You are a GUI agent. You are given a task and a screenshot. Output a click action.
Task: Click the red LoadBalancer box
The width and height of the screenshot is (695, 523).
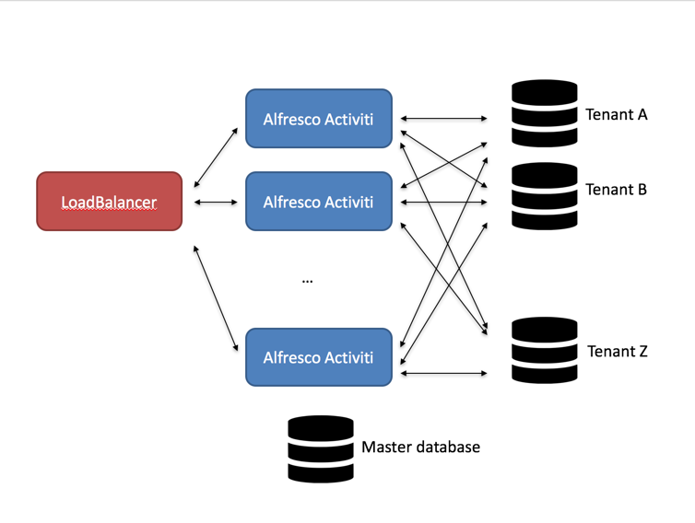tap(109, 201)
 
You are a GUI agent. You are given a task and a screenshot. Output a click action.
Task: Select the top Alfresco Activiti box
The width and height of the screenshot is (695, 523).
tap(318, 119)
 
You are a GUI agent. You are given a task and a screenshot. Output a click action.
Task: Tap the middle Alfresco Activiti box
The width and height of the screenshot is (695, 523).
tap(318, 202)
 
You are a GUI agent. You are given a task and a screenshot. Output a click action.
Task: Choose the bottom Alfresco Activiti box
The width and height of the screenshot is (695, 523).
tap(318, 357)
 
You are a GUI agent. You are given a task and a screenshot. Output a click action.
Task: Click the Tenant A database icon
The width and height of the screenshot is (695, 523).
tap(544, 114)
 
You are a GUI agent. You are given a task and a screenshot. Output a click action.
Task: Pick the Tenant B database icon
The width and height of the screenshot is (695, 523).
tap(544, 196)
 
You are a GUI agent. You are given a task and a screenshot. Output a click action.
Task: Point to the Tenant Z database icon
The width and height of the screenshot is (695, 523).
tap(544, 350)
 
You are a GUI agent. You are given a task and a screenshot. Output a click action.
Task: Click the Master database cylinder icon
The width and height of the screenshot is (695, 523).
tap(321, 448)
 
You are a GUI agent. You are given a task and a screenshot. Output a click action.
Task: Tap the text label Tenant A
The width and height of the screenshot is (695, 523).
tap(616, 115)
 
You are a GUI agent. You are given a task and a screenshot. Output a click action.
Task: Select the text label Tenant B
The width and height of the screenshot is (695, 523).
tap(616, 190)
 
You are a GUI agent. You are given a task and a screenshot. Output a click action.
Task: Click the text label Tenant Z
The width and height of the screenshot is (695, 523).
tap(617, 352)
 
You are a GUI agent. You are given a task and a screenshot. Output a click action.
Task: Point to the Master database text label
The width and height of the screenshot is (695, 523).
tap(420, 447)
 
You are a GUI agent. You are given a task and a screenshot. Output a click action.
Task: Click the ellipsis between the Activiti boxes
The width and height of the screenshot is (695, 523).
tap(307, 280)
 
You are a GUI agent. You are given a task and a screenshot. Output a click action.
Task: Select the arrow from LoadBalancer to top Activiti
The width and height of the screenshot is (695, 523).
tap(217, 157)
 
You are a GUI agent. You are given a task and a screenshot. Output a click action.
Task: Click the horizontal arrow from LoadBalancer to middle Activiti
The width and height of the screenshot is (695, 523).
tap(217, 202)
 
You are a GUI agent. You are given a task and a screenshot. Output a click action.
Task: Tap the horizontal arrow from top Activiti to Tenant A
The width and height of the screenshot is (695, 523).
tap(443, 119)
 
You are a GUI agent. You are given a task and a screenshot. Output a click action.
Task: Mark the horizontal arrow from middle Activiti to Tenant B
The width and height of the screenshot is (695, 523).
tap(443, 202)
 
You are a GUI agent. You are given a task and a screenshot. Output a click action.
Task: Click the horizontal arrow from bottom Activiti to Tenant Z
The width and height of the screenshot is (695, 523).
tap(443, 373)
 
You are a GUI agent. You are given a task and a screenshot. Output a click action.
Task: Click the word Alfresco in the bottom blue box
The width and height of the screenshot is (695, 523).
tap(290, 357)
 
